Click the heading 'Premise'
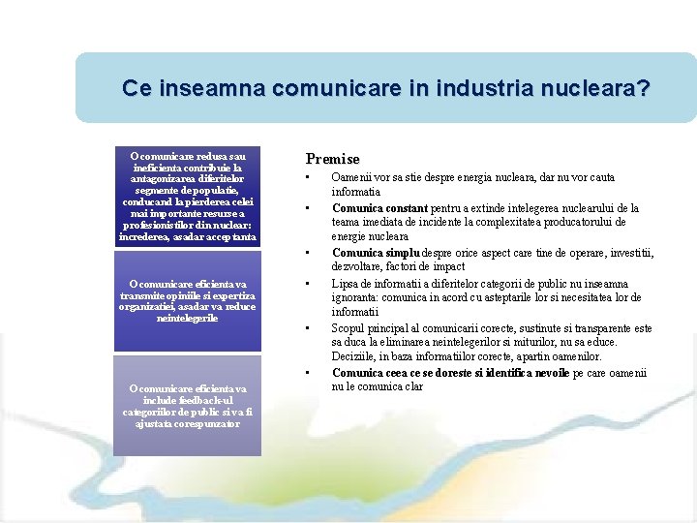332,159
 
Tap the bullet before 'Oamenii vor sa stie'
307,178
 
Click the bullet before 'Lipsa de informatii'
307,283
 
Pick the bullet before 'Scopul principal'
307,328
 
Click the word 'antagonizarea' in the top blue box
189,179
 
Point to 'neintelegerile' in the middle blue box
188,319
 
